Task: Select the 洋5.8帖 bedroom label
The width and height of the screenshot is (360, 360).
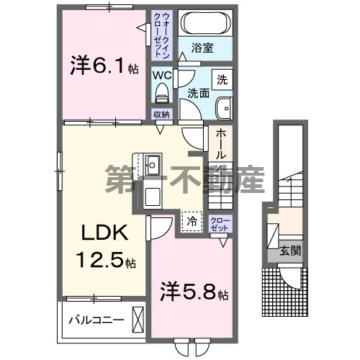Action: [x=194, y=294]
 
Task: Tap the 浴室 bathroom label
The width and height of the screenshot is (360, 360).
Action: [x=202, y=49]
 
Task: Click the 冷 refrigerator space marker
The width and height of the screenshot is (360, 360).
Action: [x=192, y=221]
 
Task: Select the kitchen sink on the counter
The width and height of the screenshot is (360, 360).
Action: [x=152, y=164]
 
